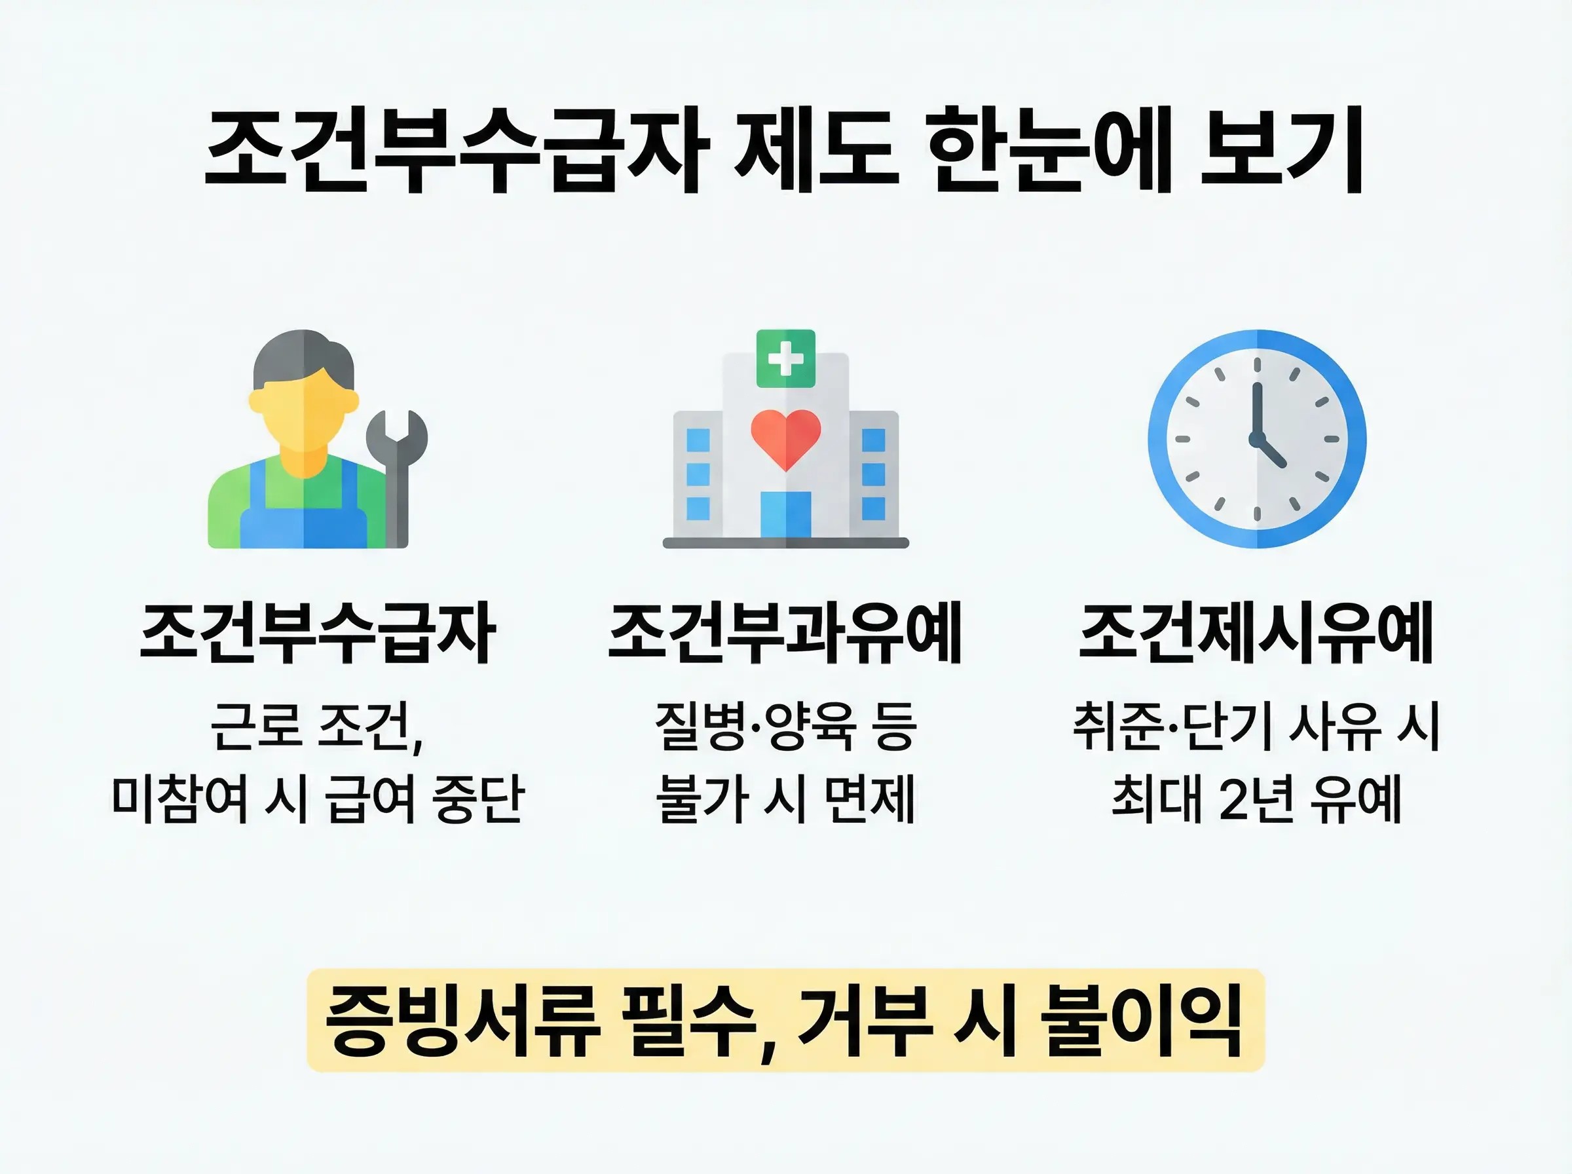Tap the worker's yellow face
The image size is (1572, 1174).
tap(304, 419)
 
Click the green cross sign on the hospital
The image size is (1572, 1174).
tap(785, 359)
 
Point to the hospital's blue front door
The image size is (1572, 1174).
tap(785, 514)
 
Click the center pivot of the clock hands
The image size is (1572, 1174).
tap(1258, 438)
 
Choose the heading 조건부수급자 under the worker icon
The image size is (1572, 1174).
tap(317, 632)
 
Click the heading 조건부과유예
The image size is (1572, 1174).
tap(785, 632)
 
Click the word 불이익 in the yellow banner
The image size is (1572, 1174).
tap(1141, 1021)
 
